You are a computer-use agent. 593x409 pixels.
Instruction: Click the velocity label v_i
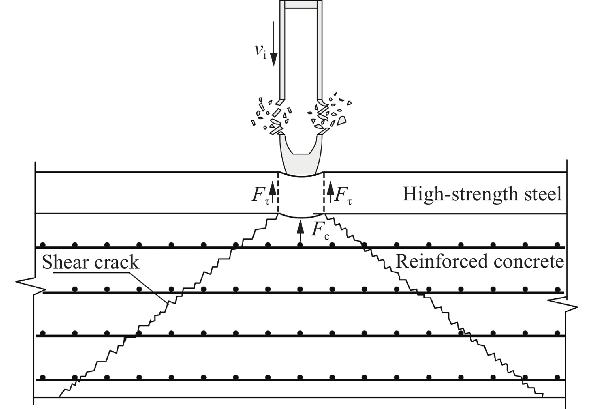[260, 50]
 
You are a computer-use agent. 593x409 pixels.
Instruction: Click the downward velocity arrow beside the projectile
[274, 44]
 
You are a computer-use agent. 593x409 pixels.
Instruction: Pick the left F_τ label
[261, 195]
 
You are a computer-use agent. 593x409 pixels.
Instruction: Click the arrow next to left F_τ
[272, 192]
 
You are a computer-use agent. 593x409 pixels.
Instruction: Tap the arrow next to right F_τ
[330, 192]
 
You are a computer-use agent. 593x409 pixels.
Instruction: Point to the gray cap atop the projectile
[301, 4]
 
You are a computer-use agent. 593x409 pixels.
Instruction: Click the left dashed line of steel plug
[278, 193]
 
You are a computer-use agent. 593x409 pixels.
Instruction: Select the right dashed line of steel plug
[323, 193]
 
